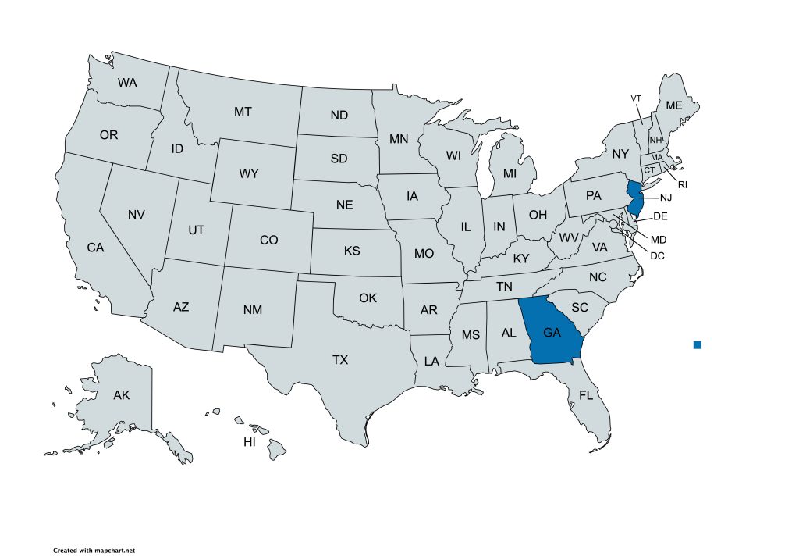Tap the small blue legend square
(x=698, y=344)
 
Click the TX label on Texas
(x=340, y=360)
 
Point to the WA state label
(x=128, y=82)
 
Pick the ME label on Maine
(x=673, y=105)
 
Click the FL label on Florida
(x=586, y=396)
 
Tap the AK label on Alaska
(x=122, y=394)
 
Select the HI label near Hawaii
(x=250, y=442)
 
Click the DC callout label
(x=657, y=255)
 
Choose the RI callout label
(x=682, y=185)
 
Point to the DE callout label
(x=659, y=216)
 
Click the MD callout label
(x=659, y=239)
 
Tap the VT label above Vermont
(x=636, y=98)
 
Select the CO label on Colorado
(x=268, y=241)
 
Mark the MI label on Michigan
(x=510, y=173)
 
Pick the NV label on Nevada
(x=137, y=214)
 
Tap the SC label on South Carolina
(x=580, y=308)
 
